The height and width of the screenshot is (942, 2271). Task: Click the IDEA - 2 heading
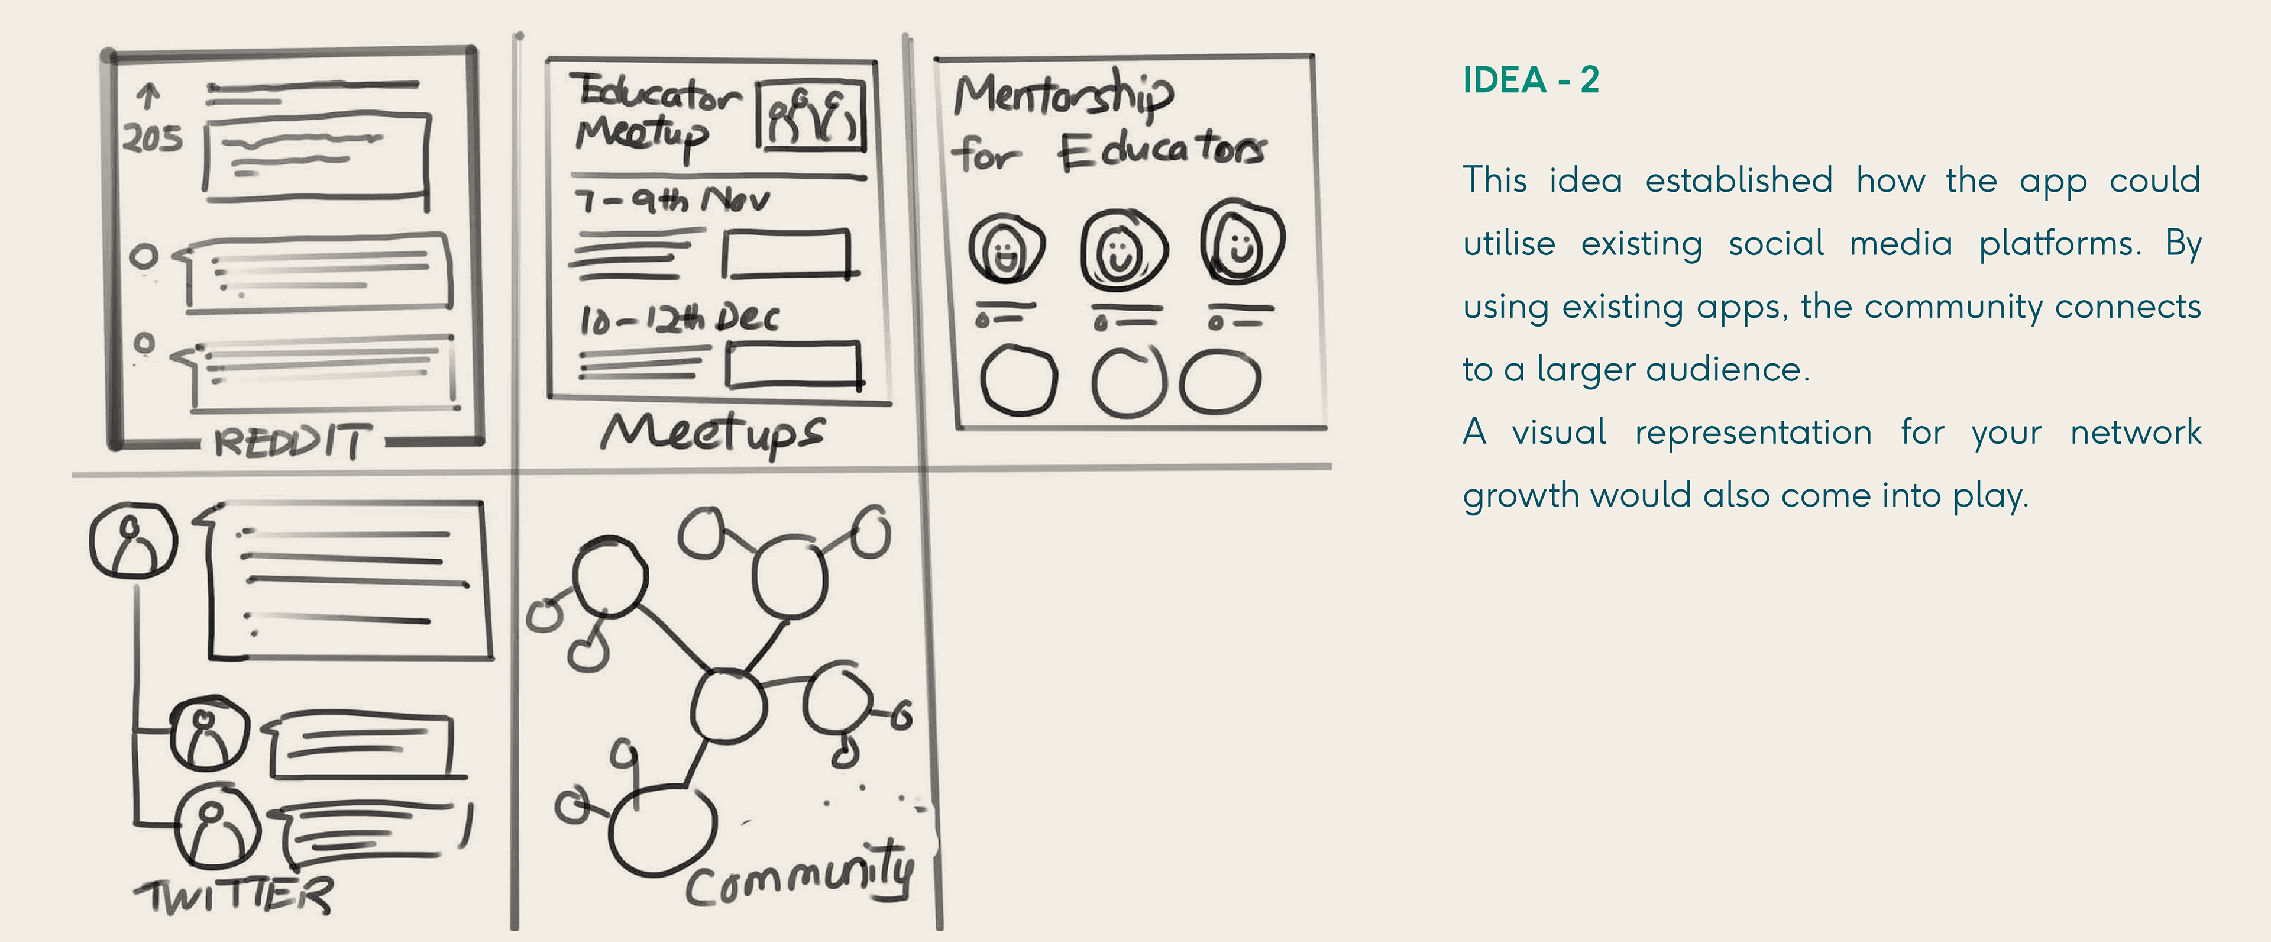click(1531, 80)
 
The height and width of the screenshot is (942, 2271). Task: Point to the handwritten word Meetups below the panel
click(711, 433)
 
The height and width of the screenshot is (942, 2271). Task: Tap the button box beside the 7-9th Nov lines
click(787, 254)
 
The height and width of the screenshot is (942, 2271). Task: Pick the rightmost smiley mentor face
click(1241, 241)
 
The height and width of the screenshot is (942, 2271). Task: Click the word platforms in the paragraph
click(2059, 243)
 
